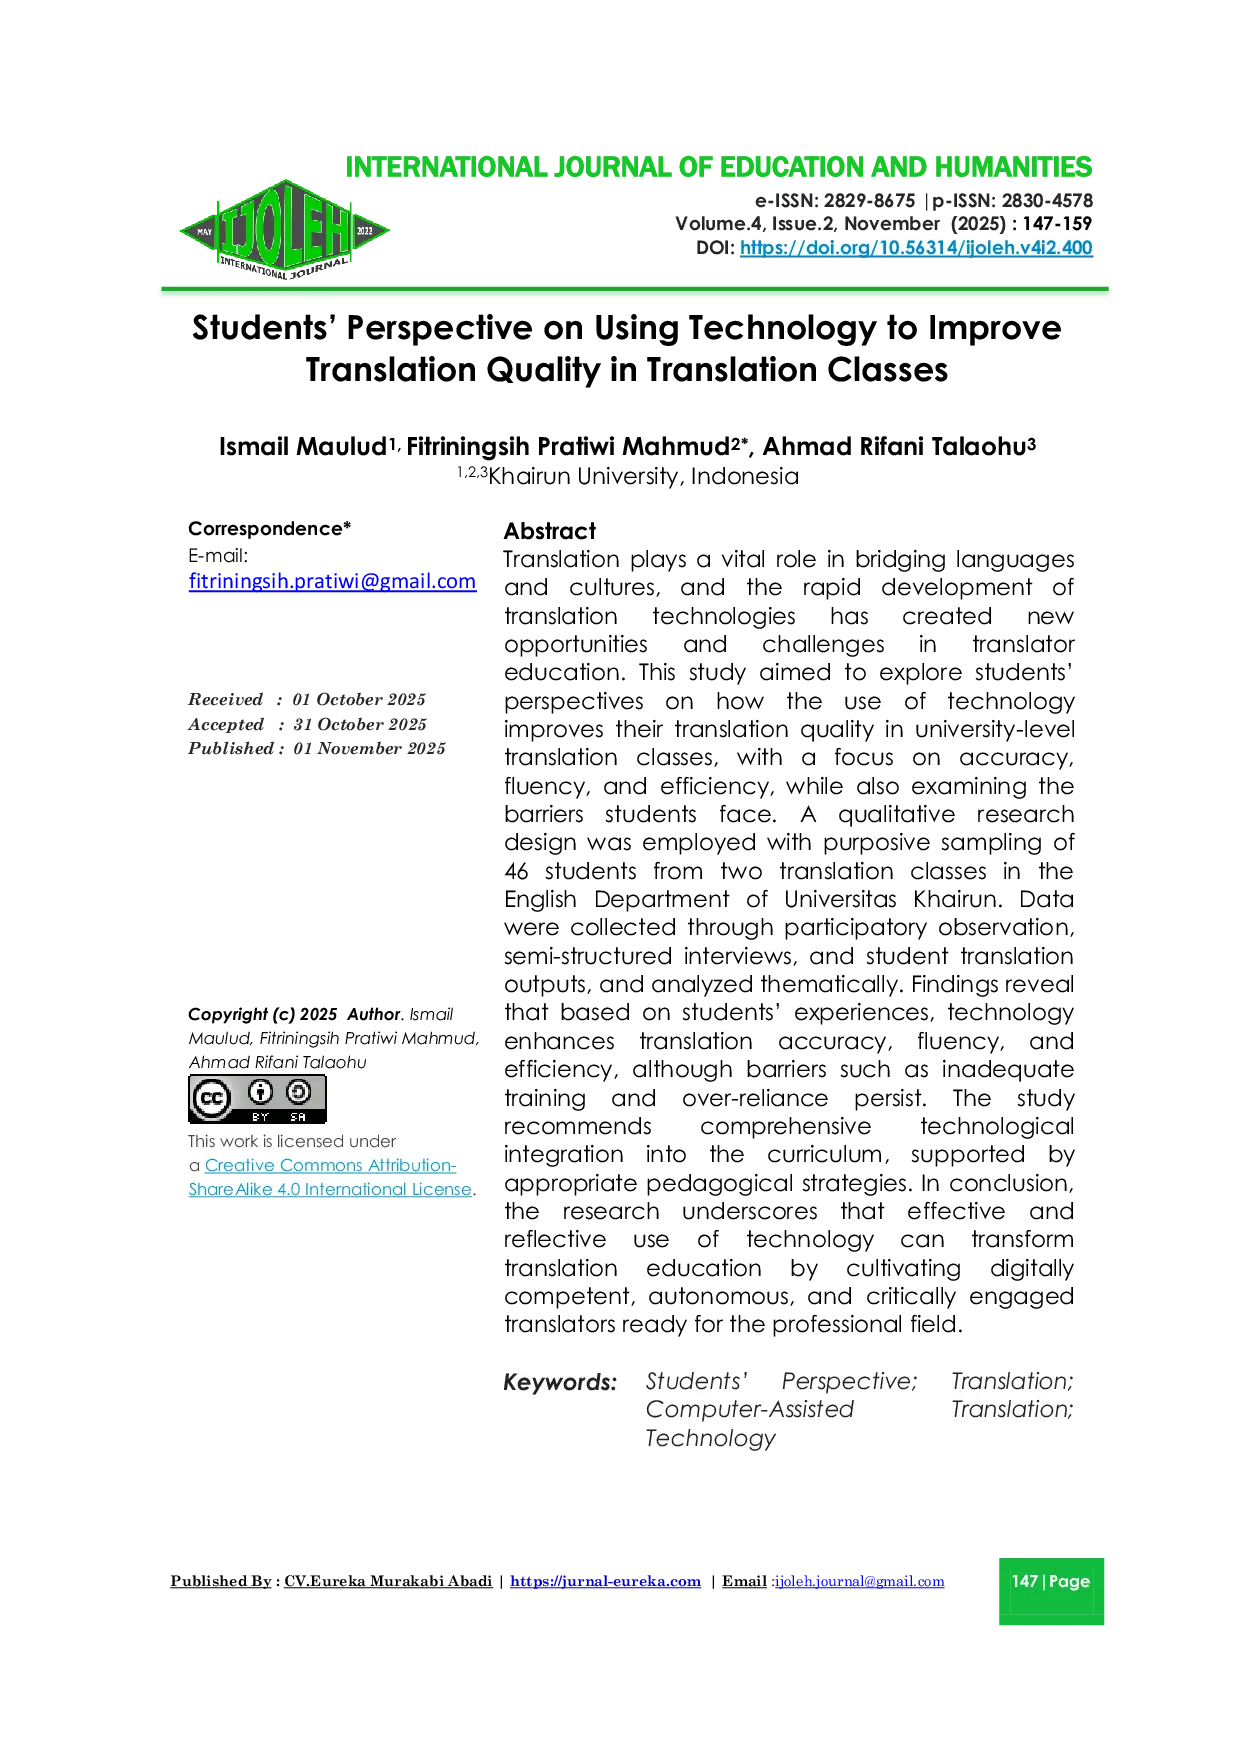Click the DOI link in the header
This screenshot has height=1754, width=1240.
[x=915, y=248]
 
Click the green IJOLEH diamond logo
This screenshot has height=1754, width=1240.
[x=284, y=231]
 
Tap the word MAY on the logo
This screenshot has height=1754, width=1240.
[x=205, y=232]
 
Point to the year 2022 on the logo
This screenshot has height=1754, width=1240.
[x=364, y=232]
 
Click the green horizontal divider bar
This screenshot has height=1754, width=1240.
[x=635, y=292]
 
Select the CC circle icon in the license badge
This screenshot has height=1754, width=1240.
[x=211, y=1098]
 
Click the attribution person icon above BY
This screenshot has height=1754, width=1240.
[x=261, y=1092]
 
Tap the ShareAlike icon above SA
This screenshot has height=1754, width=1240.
[x=298, y=1092]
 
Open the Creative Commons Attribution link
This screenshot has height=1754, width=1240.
[x=330, y=1165]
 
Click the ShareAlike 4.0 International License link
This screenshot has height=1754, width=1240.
[x=330, y=1189]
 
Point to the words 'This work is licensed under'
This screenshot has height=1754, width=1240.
[x=291, y=1141]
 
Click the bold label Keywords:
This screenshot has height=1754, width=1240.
[x=560, y=1383]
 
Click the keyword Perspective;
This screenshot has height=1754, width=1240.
[x=849, y=1381]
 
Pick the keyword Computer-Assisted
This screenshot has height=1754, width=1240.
[x=749, y=1409]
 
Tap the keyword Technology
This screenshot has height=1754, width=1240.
[x=710, y=1438]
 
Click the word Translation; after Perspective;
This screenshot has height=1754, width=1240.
[x=1012, y=1381]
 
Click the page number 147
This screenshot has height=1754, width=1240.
[x=1024, y=1581]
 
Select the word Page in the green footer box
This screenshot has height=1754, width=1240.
[x=1069, y=1581]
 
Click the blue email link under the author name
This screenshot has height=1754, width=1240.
[x=332, y=582]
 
